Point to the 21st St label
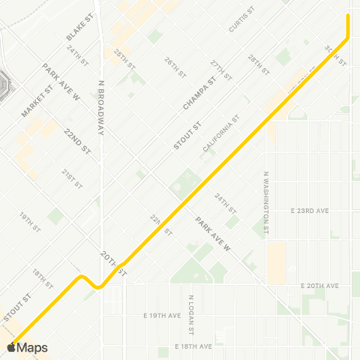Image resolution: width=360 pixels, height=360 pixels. point(72,178)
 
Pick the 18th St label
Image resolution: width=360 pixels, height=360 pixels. point(42,278)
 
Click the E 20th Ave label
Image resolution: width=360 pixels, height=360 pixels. point(320,286)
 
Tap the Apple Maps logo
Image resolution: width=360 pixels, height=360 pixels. point(27,347)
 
